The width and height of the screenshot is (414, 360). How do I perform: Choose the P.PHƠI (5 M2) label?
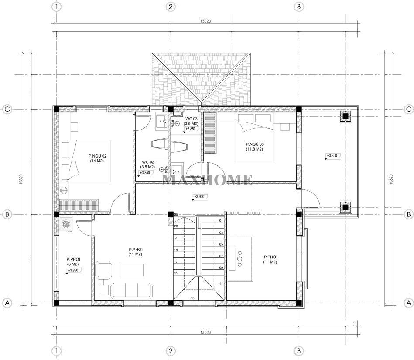73,262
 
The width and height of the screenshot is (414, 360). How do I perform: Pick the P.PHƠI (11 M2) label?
135,252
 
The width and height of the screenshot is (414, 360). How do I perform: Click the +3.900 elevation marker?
199,197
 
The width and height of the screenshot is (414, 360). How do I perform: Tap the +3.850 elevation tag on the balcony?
332,156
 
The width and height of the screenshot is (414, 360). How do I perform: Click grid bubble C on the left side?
7,109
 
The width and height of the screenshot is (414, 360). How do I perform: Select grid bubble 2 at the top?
171,7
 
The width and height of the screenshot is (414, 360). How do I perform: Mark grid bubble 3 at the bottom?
299,351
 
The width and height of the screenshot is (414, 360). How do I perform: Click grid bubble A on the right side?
409,303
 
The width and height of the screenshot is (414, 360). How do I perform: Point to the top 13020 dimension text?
205,21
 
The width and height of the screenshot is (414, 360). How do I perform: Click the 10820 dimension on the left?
21,179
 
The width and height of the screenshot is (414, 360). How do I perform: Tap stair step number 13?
192,298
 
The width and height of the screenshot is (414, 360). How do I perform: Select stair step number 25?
176,214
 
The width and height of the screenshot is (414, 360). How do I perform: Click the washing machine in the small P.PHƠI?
66,224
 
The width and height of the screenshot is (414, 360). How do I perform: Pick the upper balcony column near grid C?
346,116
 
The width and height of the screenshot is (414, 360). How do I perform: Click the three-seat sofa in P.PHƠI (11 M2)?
131,291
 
